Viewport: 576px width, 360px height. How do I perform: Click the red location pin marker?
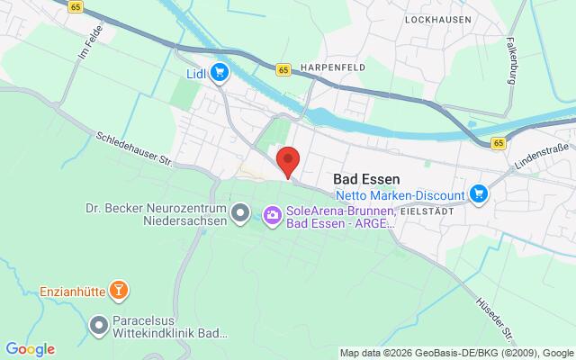pyautogui.click(x=287, y=160)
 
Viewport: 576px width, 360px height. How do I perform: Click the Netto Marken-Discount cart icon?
pyautogui.click(x=479, y=193)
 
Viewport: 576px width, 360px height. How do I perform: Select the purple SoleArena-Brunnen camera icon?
pyautogui.click(x=271, y=214)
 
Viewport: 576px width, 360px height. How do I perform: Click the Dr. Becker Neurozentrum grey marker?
pyautogui.click(x=239, y=213)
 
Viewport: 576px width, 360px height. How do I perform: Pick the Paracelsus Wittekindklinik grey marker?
pyautogui.click(x=99, y=323)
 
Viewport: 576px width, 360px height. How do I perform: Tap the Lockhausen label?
pyautogui.click(x=438, y=18)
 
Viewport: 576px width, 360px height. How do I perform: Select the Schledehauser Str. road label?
pyautogui.click(x=133, y=148)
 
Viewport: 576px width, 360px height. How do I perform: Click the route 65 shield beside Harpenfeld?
pyautogui.click(x=283, y=69)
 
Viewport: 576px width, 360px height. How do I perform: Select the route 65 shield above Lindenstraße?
pyautogui.click(x=499, y=143)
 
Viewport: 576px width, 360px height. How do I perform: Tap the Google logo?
pyautogui.click(x=30, y=349)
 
